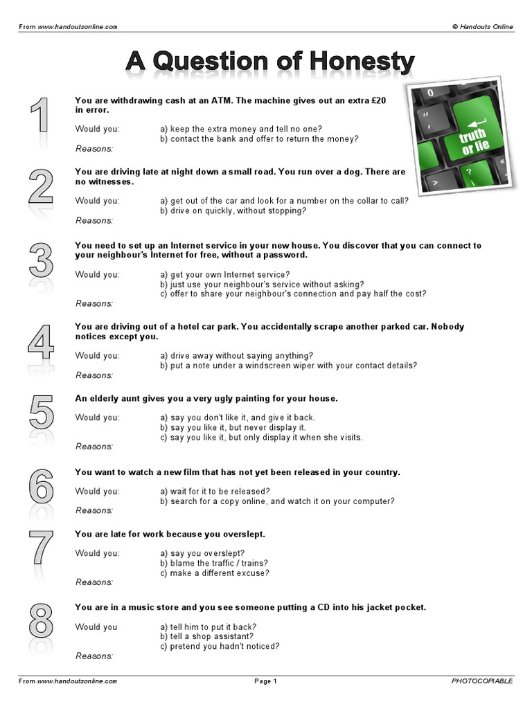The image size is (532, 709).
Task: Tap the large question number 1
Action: tap(39, 114)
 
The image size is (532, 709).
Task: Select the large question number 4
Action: tap(41, 342)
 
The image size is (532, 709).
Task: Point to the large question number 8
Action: tap(41, 620)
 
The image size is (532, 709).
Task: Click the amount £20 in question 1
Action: tap(378, 100)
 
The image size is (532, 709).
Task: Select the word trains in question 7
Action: tap(255, 564)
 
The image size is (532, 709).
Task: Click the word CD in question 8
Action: tap(323, 607)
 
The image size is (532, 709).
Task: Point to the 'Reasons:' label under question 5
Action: tap(94, 447)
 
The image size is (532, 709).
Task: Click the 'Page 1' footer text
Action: tap(265, 681)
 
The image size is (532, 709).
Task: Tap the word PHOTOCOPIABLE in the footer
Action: tap(482, 681)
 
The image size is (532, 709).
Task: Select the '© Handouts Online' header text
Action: tap(483, 27)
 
